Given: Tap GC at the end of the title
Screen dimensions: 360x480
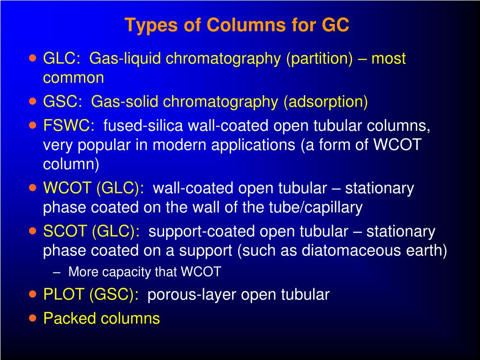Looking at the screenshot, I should click(x=335, y=25).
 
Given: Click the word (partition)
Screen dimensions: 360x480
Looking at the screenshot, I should click(x=320, y=59).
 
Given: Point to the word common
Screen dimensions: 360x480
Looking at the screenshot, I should click(x=74, y=78).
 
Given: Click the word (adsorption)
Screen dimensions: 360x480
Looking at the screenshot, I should click(x=325, y=102).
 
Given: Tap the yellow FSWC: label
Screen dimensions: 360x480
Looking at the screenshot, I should click(x=69, y=126).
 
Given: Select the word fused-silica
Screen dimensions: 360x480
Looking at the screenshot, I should click(x=143, y=126).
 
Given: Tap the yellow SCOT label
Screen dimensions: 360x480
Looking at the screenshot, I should click(x=66, y=232).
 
